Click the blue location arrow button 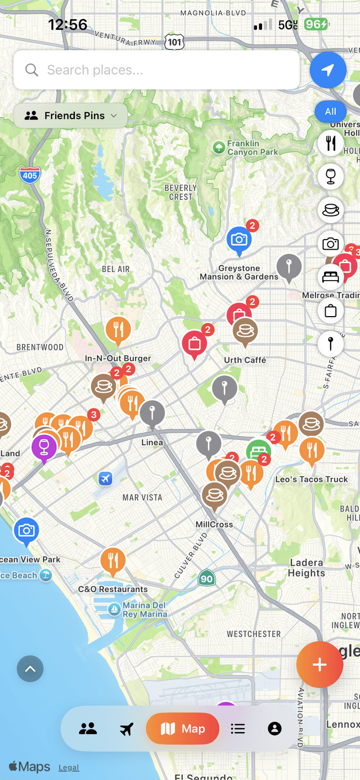[x=327, y=70]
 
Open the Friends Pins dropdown [x=71, y=116]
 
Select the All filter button [x=330, y=111]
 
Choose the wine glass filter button [x=330, y=177]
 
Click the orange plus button [x=319, y=665]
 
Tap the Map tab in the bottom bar [x=183, y=729]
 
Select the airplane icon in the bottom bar [x=127, y=729]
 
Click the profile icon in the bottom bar [x=274, y=729]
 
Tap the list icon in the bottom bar [x=238, y=729]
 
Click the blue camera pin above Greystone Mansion [x=239, y=240]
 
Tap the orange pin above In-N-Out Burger [x=118, y=330]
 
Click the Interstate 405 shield [x=29, y=175]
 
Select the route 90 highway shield [x=206, y=578]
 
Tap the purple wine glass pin [x=44, y=447]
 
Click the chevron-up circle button [x=30, y=669]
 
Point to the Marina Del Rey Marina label [x=145, y=610]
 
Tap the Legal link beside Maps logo [x=69, y=768]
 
